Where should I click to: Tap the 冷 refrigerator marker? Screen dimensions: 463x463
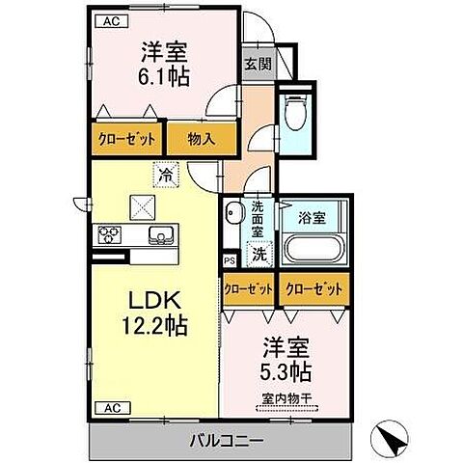(x=166, y=176)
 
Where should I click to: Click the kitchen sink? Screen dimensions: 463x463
(x=157, y=235)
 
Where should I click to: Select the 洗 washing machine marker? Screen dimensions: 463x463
(x=259, y=255)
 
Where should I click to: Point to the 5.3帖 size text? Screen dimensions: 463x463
(x=285, y=370)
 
